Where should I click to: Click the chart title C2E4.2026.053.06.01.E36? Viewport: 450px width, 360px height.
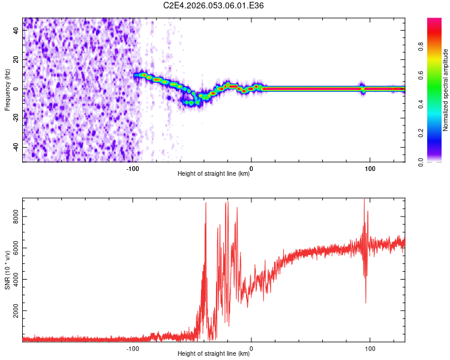click(x=214, y=5)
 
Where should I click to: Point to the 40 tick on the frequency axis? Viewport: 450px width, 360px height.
click(x=17, y=31)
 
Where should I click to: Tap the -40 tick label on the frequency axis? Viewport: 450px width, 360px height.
click(x=16, y=147)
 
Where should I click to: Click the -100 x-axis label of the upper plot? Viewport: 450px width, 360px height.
click(x=133, y=169)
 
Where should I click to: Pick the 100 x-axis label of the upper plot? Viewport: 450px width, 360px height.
click(x=370, y=169)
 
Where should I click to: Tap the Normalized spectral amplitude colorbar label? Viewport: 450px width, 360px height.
click(x=446, y=90)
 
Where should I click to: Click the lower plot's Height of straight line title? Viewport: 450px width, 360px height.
click(x=214, y=353)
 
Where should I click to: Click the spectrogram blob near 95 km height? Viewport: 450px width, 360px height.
click(x=362, y=88)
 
